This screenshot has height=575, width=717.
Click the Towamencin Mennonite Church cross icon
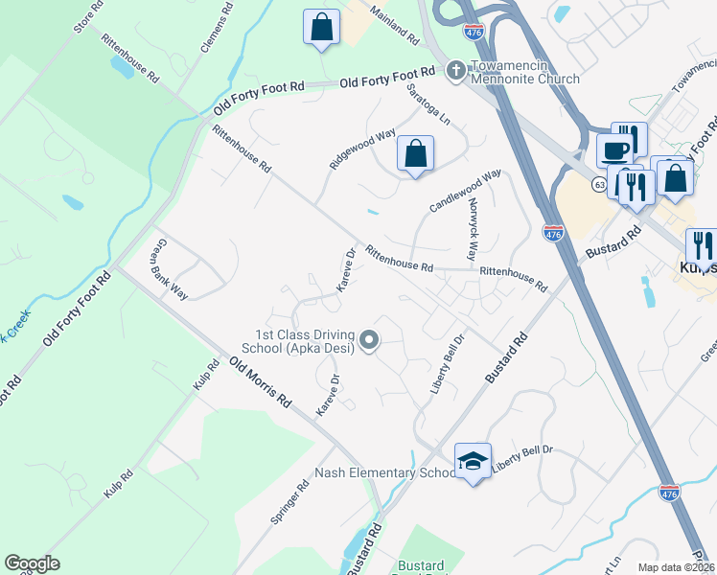click(455, 69)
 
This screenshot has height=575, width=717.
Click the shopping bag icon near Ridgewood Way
click(415, 153)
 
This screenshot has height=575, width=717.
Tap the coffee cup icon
click(613, 150)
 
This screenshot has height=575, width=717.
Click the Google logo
click(32, 563)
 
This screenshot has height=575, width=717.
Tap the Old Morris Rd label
click(260, 382)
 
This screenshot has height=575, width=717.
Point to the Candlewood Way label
click(466, 192)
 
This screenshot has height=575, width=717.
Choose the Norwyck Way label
click(472, 229)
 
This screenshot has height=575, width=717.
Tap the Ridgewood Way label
click(363, 149)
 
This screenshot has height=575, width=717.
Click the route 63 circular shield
click(599, 185)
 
